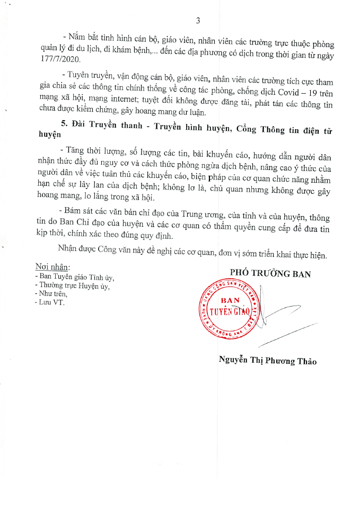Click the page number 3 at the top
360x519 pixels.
click(198, 21)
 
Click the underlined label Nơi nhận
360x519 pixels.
click(52, 266)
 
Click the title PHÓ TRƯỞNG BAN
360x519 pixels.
click(270, 273)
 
